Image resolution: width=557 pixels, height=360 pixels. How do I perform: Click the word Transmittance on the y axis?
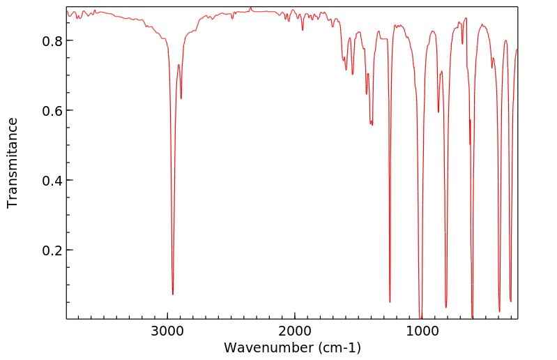pos(13,163)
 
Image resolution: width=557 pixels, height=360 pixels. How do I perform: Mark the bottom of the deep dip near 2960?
pos(173,294)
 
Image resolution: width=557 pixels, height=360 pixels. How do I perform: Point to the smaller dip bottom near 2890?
pos(181,98)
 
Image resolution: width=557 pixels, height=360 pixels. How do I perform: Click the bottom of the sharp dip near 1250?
pos(390,302)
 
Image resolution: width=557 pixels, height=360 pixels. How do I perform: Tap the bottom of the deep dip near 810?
pos(446,307)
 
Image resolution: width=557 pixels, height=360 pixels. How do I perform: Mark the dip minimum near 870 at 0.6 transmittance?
pos(438,112)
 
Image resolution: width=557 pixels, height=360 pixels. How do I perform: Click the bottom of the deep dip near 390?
pos(499,311)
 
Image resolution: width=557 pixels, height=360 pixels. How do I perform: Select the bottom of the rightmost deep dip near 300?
pos(511,301)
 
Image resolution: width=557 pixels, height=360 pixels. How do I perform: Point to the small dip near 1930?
pos(303,30)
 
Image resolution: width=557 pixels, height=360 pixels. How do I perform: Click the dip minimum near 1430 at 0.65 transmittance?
pos(367,94)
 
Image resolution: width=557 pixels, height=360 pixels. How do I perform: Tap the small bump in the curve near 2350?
pos(250,8)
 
